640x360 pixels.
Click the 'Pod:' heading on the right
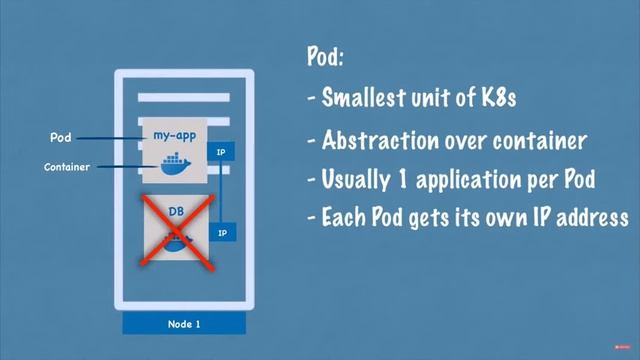click(326, 57)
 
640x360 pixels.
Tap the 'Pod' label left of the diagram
click(60, 136)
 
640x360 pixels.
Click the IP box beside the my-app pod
click(222, 152)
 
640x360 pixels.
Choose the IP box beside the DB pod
click(222, 232)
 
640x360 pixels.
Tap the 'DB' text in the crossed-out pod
click(175, 212)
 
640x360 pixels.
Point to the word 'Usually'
click(350, 181)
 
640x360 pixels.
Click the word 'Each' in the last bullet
click(341, 217)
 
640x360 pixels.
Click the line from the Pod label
click(110, 137)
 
